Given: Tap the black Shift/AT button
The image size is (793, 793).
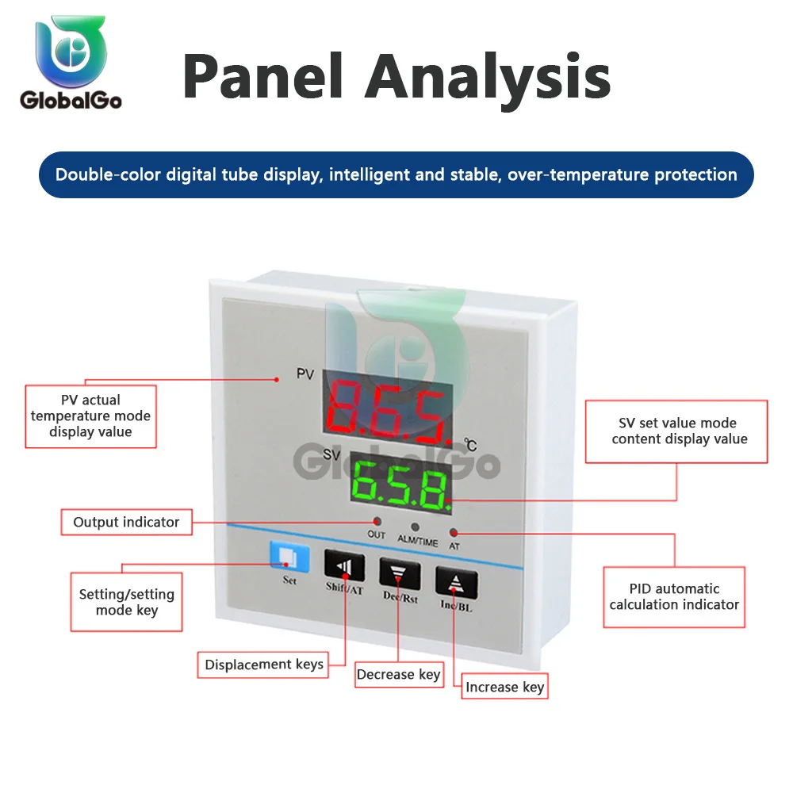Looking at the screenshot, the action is [x=345, y=566].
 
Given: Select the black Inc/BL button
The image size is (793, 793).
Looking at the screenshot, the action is [x=455, y=582].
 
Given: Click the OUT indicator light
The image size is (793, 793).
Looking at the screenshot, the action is [x=377, y=521].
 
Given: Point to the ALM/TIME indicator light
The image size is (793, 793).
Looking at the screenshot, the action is [x=413, y=525].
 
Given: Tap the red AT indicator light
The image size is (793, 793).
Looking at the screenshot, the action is [x=454, y=532].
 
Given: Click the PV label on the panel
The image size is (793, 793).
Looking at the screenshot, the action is [x=305, y=373].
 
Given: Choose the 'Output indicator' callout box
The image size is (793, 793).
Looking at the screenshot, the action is [x=126, y=522].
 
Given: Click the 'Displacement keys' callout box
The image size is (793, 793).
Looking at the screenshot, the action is [x=264, y=665].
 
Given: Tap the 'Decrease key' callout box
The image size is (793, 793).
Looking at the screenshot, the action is [x=398, y=674].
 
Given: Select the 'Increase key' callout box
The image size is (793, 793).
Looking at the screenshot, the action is [x=504, y=687].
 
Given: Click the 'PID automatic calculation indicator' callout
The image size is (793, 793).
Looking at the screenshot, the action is [x=674, y=596].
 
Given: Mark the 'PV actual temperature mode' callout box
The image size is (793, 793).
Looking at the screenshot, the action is [x=90, y=416].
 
